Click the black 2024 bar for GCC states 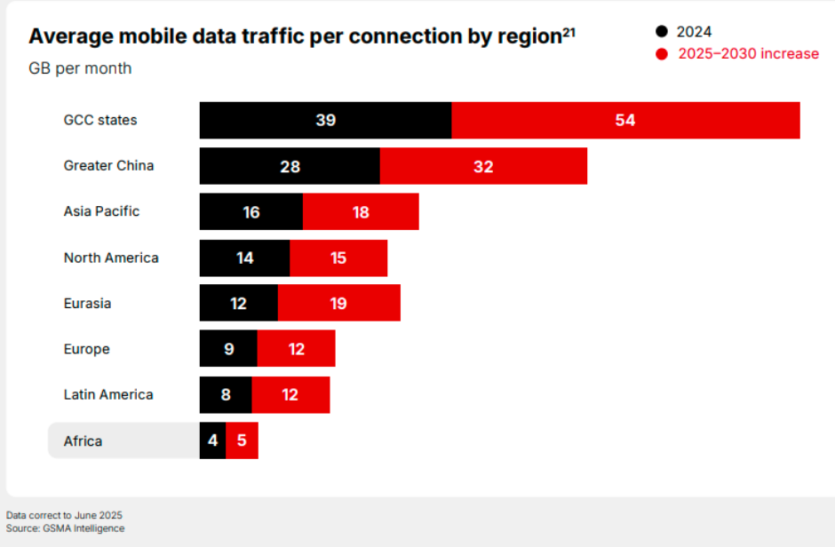[x=325, y=120]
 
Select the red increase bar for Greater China [x=483, y=166]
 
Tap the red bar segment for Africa [x=242, y=440]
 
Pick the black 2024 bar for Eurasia [x=238, y=303]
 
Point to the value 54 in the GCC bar [x=625, y=120]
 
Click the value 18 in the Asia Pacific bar [x=360, y=212]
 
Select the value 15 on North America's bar [x=338, y=258]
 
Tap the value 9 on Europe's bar [x=228, y=349]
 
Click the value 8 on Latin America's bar [x=226, y=394]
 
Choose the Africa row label [x=83, y=440]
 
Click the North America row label [x=111, y=258]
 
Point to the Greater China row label [x=108, y=166]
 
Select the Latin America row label [x=108, y=394]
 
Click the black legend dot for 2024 [x=661, y=32]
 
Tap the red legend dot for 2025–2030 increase [x=661, y=54]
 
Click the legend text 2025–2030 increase [x=748, y=54]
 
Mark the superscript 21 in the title [x=569, y=32]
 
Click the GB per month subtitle [x=80, y=68]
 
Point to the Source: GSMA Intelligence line [x=65, y=528]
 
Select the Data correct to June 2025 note [x=64, y=515]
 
